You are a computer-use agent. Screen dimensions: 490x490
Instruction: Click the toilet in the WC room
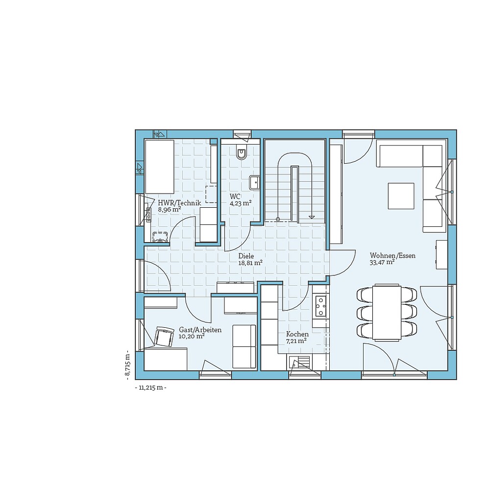coord(242,152)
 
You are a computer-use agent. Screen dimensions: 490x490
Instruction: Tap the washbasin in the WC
coord(254,182)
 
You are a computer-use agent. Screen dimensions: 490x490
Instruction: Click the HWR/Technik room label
coord(179,202)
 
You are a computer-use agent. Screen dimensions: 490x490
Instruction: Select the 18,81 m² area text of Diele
coord(250,263)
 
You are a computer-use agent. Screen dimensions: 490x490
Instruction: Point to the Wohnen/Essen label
coord(392,256)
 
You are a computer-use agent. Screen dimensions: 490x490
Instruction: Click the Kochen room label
coord(297,334)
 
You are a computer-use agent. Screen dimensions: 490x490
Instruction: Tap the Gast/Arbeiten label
coord(200,330)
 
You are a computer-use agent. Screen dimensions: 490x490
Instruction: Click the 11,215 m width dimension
coord(150,388)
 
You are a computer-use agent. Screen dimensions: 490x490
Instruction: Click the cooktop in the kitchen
coord(320,306)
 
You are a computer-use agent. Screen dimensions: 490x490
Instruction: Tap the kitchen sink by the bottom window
coord(300,363)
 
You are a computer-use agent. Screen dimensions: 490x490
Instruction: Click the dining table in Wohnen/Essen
coord(387,312)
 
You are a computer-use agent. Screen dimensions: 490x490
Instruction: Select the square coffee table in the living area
coord(401,196)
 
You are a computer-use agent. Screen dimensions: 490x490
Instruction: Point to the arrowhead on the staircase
coord(311,217)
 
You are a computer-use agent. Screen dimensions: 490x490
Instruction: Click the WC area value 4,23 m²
coord(241,203)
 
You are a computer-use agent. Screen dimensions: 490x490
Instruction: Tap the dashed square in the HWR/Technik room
coord(211,194)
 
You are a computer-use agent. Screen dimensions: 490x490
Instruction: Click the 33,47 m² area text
coord(382,263)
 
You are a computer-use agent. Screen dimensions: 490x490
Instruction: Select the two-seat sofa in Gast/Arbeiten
coord(244,346)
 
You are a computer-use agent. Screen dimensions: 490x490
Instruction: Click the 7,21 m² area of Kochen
coord(296,341)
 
